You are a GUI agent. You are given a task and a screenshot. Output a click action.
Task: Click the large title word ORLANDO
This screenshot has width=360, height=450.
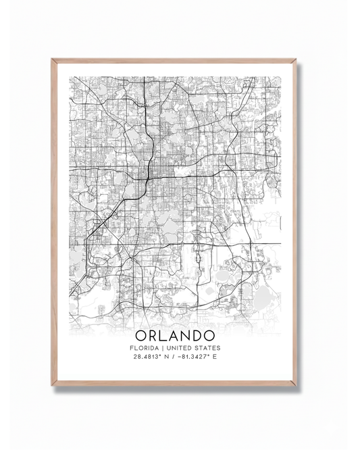[x=175, y=335]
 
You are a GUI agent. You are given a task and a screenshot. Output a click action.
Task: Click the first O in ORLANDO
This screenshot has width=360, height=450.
[x=141, y=335]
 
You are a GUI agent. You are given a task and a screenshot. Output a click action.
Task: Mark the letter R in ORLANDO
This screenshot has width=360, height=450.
[x=153, y=335]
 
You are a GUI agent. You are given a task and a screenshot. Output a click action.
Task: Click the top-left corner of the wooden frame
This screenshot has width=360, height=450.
[x=53, y=60]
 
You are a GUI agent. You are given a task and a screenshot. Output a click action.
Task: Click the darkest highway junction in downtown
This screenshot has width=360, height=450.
[x=143, y=179]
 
